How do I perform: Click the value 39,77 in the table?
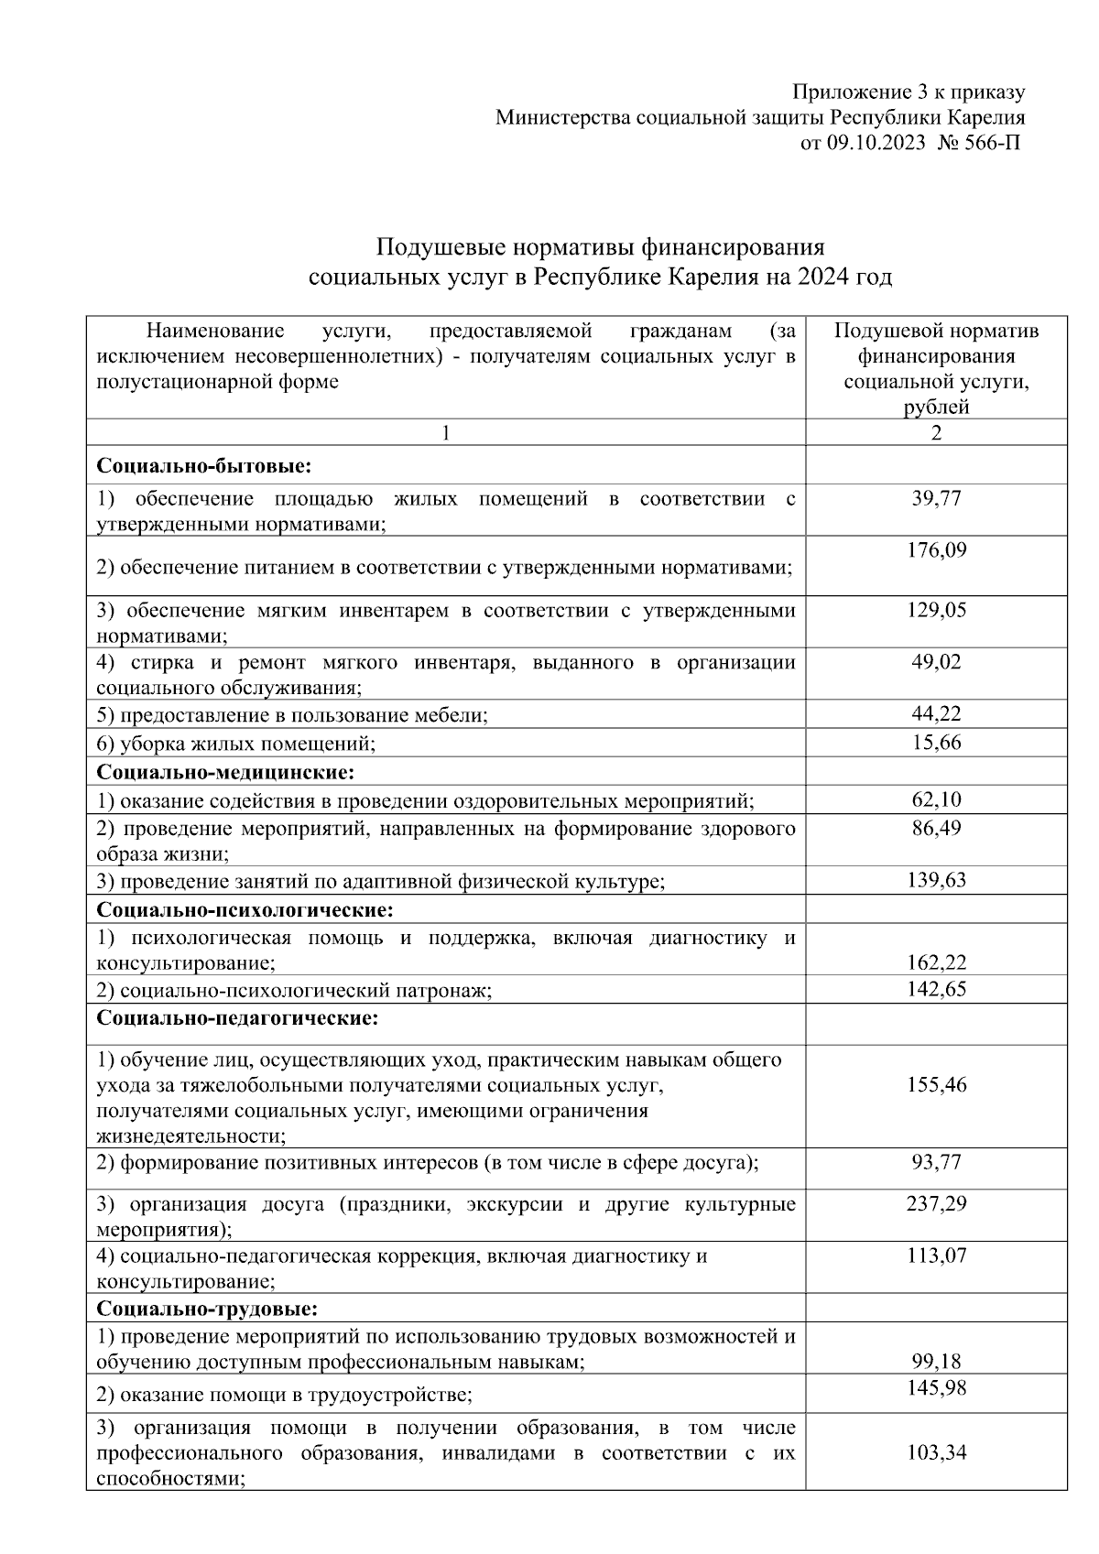coord(936,498)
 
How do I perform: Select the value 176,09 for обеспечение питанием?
coord(936,550)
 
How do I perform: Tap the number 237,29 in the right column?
coord(936,1203)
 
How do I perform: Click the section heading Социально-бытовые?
coord(204,466)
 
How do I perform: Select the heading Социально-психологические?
coord(245,909)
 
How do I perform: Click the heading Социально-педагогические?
coord(237,1017)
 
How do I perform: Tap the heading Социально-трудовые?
coord(207,1308)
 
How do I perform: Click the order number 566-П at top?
coord(990,143)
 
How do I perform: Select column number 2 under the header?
coord(936,433)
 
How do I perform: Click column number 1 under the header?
coord(446,433)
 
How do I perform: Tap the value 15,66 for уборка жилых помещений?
coord(936,743)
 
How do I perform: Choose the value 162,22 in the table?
coord(936,962)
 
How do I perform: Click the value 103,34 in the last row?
coord(936,1452)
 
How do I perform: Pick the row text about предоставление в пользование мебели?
coord(292,715)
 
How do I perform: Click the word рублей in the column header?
coord(936,408)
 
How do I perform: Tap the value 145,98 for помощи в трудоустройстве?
coord(936,1388)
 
